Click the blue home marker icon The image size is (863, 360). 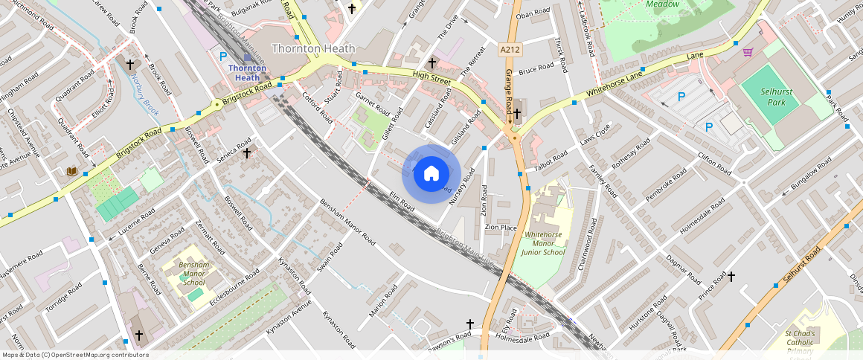pos(431,174)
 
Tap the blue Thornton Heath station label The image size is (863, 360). pos(247,72)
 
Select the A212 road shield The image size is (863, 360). pos(510,50)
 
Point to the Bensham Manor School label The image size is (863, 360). pos(193,273)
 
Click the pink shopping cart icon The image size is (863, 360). pos(748,52)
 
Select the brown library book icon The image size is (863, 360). pos(72,172)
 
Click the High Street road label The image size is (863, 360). pos(432,76)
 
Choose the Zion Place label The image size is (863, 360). pos(501,227)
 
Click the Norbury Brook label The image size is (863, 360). pos(141,88)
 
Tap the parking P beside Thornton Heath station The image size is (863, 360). pos(222,55)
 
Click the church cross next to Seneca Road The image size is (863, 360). pos(246,152)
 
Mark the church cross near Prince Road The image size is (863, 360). pos(731,277)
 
